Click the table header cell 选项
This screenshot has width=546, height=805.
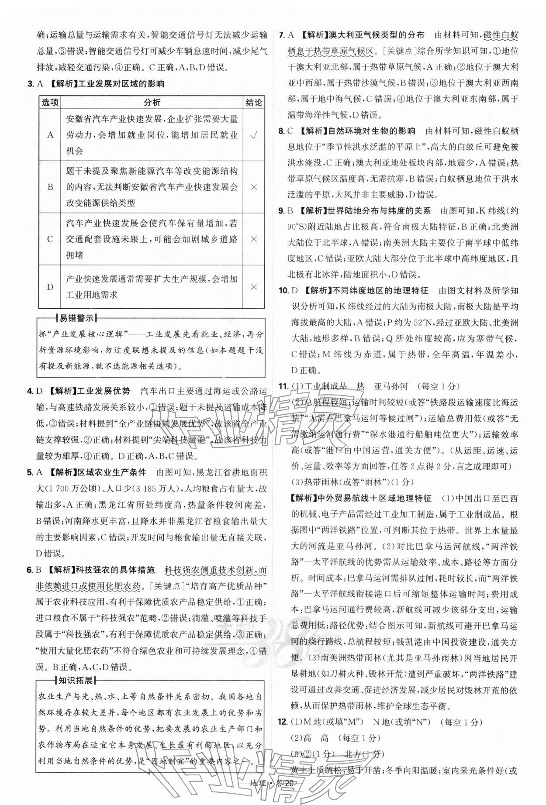coord(50,102)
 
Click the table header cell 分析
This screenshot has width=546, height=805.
coord(152,102)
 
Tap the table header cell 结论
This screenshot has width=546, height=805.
coord(254,102)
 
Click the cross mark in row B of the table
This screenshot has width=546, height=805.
coord(254,187)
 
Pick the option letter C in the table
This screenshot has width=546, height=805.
coord(50,239)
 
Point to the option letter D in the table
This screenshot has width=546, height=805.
coord(50,287)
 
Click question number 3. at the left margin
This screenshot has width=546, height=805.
coord(31,84)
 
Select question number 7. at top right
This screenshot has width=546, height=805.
coord(282,35)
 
